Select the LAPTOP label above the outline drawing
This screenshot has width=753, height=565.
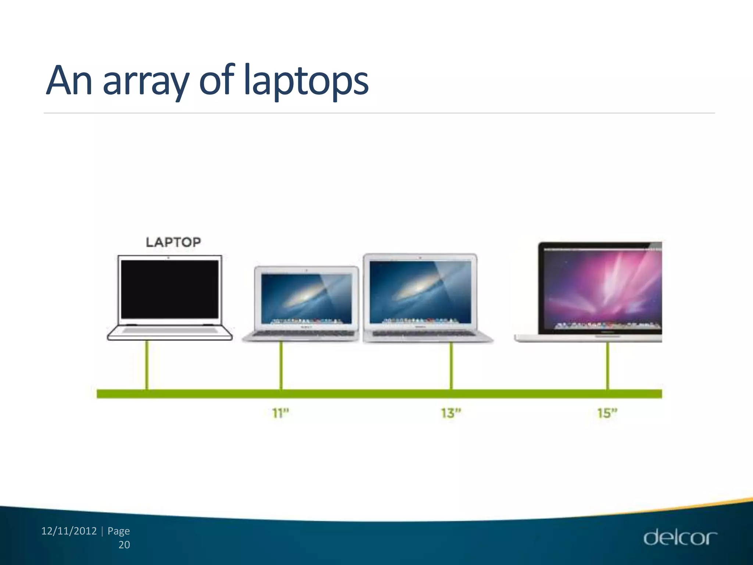pos(173,242)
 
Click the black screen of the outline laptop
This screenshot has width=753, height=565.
pos(169,289)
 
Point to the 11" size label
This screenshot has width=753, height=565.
pos(281,413)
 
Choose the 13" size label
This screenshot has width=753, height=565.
pos(451,413)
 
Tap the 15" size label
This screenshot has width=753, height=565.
pos(607,413)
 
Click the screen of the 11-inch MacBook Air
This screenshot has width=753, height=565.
pos(306,298)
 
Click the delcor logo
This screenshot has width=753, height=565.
pos(680,537)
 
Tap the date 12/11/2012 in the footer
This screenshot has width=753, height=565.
pos(69,531)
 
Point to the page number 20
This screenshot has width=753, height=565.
pos(124,545)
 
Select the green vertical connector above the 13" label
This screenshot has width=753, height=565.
pos(452,365)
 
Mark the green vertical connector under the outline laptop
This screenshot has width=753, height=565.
pos(147,365)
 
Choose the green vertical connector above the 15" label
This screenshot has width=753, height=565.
pos(608,365)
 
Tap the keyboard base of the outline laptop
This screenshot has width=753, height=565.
pos(169,331)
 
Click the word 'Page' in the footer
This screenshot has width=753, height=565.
pos(118,531)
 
